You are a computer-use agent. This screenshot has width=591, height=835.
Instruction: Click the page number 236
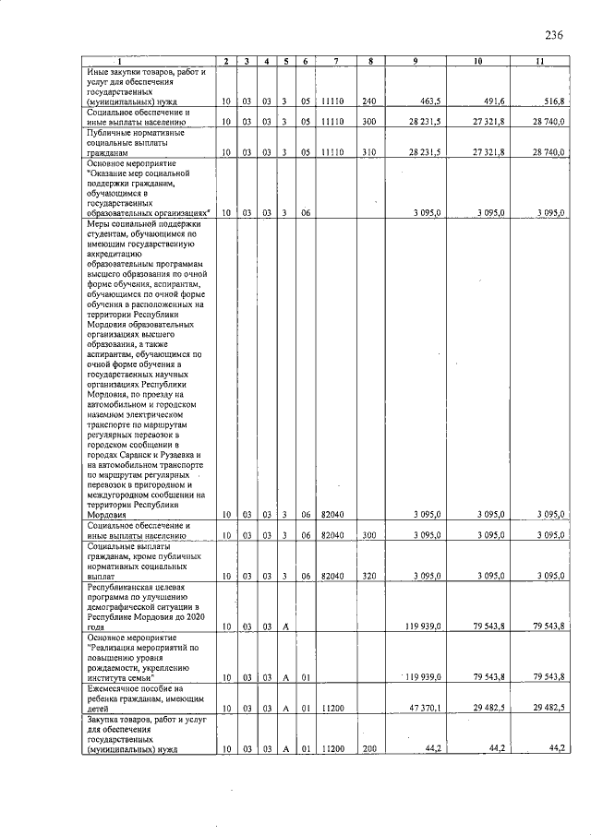(x=553, y=36)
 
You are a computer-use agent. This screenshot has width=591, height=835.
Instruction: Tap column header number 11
(x=538, y=61)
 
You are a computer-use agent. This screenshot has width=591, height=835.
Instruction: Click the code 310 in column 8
(x=368, y=152)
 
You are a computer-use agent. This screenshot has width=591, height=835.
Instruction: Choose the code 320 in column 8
(x=368, y=576)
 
